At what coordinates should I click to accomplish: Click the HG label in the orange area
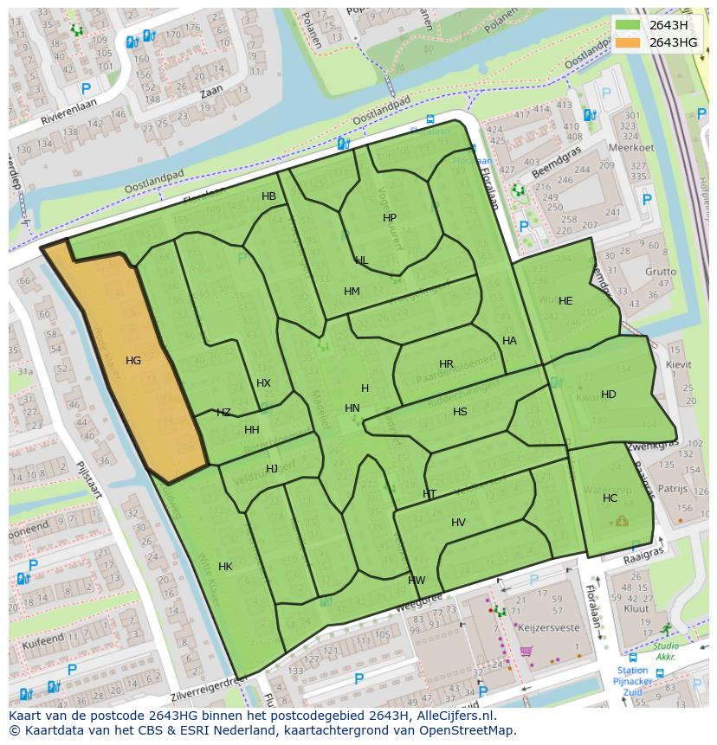[132, 361]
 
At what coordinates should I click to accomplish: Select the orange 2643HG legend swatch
[630, 42]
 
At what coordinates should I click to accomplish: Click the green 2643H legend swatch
[630, 25]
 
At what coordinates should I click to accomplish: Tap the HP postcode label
[389, 218]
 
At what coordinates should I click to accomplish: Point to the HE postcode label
[565, 301]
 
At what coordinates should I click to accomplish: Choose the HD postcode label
[608, 395]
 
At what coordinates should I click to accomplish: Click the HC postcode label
[610, 498]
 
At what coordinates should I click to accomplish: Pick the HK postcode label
[225, 567]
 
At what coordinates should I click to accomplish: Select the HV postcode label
[458, 523]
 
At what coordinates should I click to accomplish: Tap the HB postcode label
[268, 196]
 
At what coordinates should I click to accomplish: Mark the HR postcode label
[446, 364]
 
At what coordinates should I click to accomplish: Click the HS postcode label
[460, 412]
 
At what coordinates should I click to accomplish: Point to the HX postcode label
[263, 383]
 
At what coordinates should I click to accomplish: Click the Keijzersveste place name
[548, 626]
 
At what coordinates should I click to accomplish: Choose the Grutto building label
[660, 271]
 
